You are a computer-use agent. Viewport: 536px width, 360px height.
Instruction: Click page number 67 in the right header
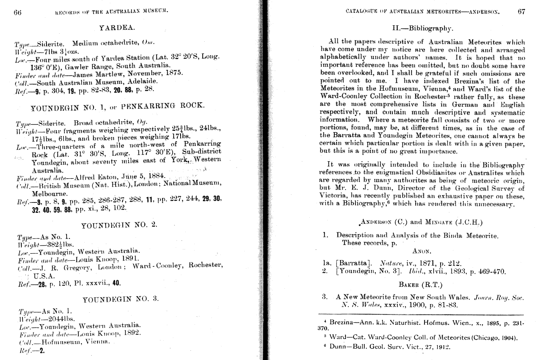pyautogui.click(x=521, y=11)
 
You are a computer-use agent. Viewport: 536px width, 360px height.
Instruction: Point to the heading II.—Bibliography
pyautogui.click(x=423, y=28)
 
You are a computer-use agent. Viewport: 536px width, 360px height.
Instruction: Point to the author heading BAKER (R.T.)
pyautogui.click(x=420, y=285)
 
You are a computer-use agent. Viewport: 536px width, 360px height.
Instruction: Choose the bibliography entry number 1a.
pyautogui.click(x=328, y=263)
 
